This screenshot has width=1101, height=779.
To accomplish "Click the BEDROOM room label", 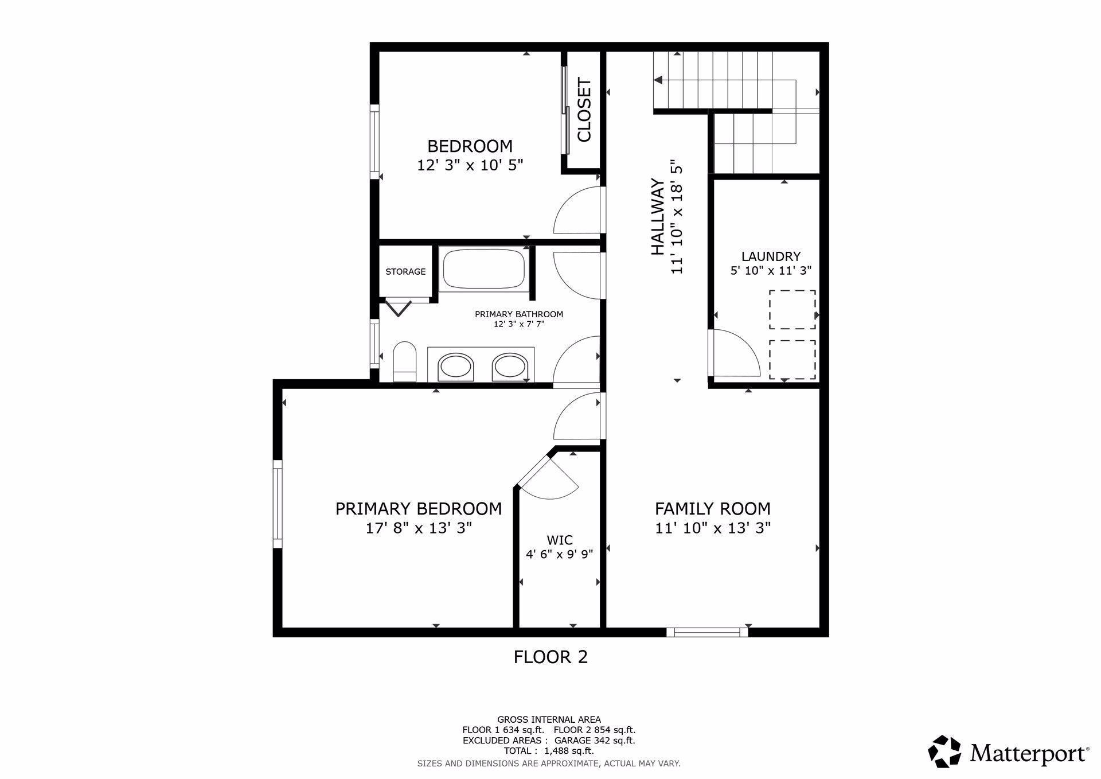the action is pyautogui.click(x=470, y=146).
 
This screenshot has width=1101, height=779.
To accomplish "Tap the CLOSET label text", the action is pyautogui.click(x=584, y=110).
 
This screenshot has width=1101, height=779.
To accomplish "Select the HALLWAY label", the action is pyautogui.click(x=658, y=217).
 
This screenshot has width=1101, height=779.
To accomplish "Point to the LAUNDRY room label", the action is pyautogui.click(x=771, y=256).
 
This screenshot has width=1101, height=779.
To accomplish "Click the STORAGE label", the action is pyautogui.click(x=405, y=272).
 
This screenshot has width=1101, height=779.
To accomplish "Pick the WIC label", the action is pyautogui.click(x=560, y=540).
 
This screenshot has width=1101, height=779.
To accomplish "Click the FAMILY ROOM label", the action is pyautogui.click(x=713, y=509).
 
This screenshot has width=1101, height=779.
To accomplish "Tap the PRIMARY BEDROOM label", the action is pyautogui.click(x=419, y=509).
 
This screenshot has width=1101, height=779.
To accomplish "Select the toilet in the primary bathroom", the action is pyautogui.click(x=405, y=362).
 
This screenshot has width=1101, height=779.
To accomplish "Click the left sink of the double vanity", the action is pyautogui.click(x=456, y=367).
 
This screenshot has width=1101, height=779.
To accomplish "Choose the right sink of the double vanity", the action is pyautogui.click(x=510, y=367).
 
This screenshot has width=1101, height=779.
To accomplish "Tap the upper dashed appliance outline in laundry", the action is pyautogui.click(x=792, y=310).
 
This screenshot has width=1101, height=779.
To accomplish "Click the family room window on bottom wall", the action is pyautogui.click(x=707, y=632).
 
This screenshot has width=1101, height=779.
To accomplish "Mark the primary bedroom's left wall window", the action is pyautogui.click(x=278, y=504).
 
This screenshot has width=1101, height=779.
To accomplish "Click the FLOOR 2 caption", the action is pyautogui.click(x=550, y=657).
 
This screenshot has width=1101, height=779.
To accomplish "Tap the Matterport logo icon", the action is pyautogui.click(x=945, y=751).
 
